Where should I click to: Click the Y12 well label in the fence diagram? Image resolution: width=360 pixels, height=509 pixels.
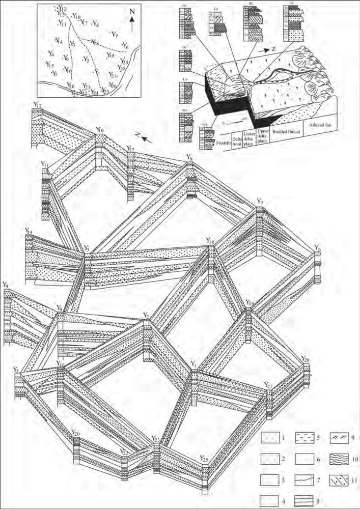[37, 105]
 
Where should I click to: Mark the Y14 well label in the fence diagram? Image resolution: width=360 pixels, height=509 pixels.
[29, 232]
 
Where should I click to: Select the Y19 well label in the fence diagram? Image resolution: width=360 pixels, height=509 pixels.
[249, 303]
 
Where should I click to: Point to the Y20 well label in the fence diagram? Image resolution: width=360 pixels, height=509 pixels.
[75, 433]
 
